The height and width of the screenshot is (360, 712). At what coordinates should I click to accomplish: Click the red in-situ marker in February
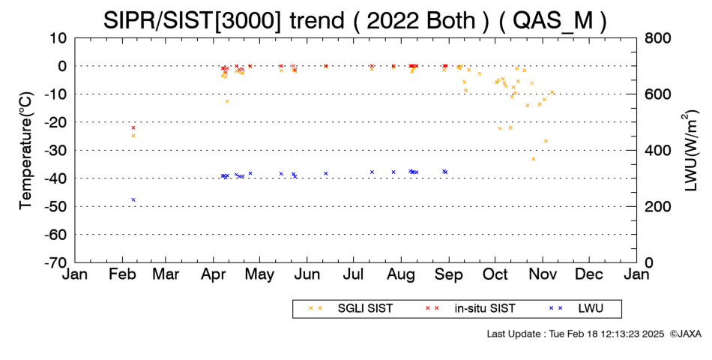(x=133, y=127)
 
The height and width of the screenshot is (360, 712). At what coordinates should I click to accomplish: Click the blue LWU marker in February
(x=133, y=199)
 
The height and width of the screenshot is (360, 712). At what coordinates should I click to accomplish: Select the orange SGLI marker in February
(x=133, y=136)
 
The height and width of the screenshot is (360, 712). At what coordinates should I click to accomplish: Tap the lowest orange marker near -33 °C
(x=534, y=159)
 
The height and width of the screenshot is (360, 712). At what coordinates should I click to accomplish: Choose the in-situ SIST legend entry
(x=470, y=309)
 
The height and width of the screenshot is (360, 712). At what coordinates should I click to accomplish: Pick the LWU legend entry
(x=576, y=309)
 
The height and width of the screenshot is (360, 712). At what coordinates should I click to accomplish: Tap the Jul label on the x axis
(x=353, y=274)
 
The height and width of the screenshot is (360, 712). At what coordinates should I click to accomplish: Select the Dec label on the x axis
(x=589, y=274)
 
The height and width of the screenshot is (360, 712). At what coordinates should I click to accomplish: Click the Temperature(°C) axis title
(x=26, y=151)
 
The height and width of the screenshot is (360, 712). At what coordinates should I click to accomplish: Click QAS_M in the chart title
(x=553, y=20)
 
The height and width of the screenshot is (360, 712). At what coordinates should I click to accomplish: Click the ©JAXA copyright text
(x=685, y=334)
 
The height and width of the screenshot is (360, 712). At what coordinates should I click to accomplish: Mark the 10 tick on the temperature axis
(x=58, y=38)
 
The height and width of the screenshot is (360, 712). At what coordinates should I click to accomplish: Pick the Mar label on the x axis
(x=166, y=274)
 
